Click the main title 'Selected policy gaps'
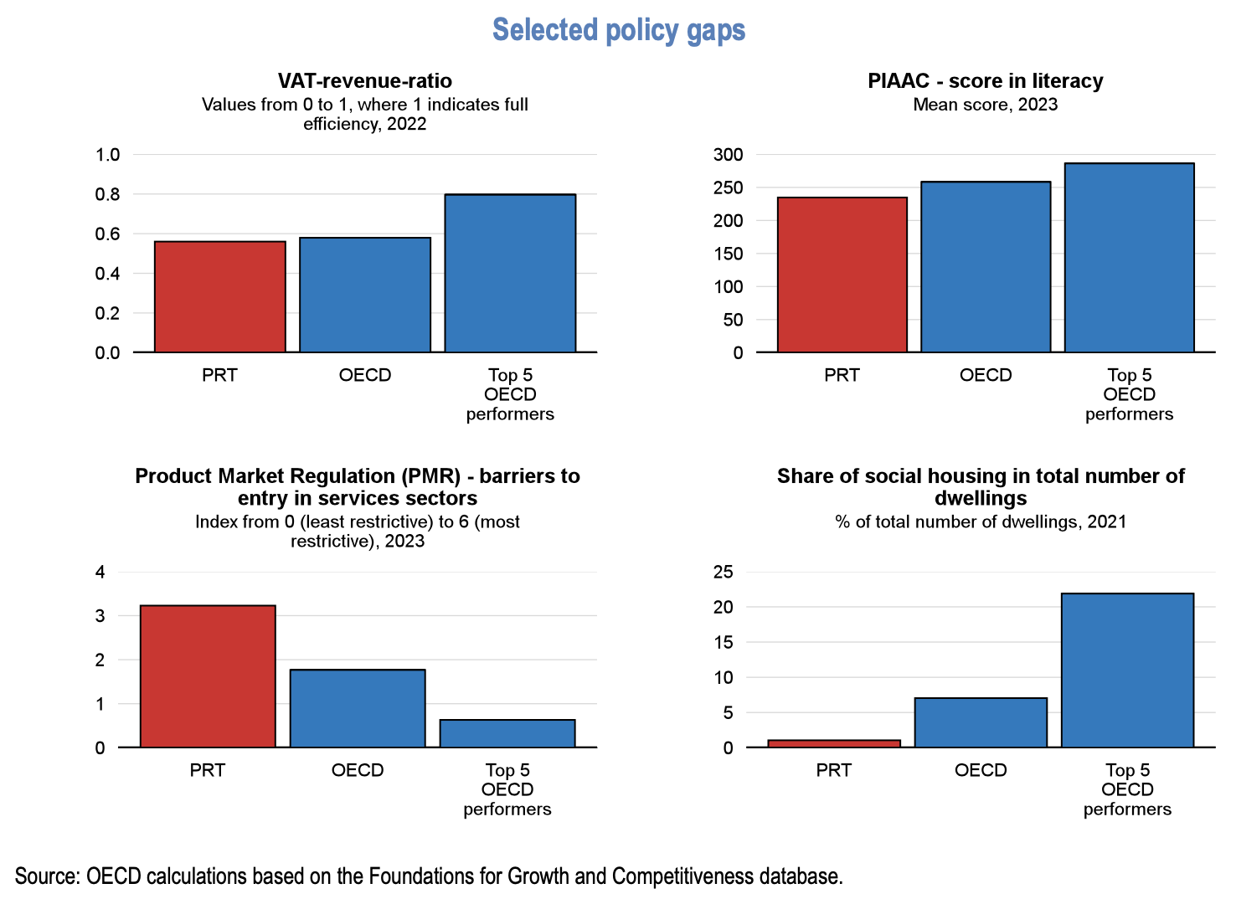coord(618,30)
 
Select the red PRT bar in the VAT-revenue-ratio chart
coord(219,297)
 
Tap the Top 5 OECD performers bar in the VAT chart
coord(510,274)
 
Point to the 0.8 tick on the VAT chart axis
coord(108,194)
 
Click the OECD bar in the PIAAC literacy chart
coord(986,267)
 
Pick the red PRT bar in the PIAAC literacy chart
coord(842,275)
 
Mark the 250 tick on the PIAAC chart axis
coord(728,188)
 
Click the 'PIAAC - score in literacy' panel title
coord(985,81)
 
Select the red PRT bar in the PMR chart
coord(208,676)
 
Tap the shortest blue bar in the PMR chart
coord(507,733)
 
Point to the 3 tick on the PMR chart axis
coord(100,616)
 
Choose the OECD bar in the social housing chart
coord(981,722)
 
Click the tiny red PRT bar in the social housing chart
coord(834,743)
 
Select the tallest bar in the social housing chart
coord(1127,670)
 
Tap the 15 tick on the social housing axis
coord(723,642)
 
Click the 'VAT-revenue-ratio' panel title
coord(364,81)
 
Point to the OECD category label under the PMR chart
coord(358,770)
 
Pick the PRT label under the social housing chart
coord(834,770)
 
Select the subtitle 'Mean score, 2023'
coord(985,105)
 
